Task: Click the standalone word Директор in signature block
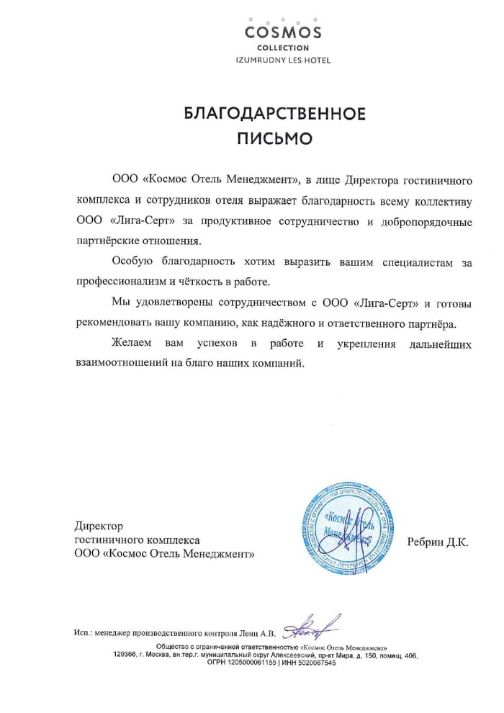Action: (99, 526)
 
